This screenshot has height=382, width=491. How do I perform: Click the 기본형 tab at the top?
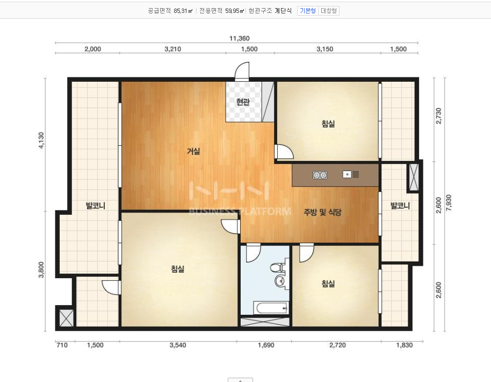[x=307, y=11]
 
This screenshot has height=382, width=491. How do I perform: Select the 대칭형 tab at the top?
[x=328, y=11]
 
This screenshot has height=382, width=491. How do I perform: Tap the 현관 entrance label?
[x=243, y=102]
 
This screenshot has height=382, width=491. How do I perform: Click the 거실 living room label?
[x=193, y=151]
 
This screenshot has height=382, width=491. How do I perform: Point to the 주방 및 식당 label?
[x=322, y=213]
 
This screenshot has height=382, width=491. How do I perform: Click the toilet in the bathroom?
[x=277, y=268]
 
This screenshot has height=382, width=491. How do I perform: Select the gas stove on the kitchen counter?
[x=320, y=175]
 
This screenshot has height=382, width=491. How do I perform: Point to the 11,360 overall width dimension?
[x=240, y=38]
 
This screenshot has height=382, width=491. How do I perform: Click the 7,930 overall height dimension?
[x=449, y=203]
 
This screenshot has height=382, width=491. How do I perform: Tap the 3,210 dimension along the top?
[x=173, y=49]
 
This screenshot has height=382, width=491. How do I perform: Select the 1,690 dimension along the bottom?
[x=266, y=345]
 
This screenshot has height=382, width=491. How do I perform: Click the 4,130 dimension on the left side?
[x=41, y=140]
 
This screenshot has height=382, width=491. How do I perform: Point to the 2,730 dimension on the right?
[x=438, y=116]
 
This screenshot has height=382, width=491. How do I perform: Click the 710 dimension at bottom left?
[x=62, y=345]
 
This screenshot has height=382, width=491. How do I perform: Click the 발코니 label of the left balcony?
[x=96, y=206]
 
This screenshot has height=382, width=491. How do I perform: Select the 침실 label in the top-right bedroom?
[x=328, y=124]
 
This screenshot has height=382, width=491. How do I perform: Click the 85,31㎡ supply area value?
[x=183, y=11]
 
